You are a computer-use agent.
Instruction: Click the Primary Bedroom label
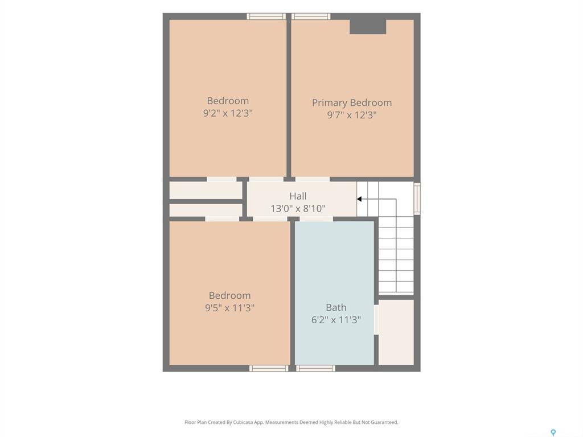[x=352, y=102]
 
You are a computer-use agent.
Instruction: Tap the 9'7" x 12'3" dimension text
[x=352, y=115]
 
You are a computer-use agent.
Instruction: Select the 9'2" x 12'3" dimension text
[x=228, y=113]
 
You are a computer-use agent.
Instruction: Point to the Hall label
[x=298, y=196]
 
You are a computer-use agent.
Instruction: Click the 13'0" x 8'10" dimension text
[x=298, y=208]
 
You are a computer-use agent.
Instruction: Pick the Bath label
[x=336, y=308]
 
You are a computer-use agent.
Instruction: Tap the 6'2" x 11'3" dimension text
[x=336, y=320]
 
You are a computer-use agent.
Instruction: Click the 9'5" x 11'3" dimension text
[x=230, y=308]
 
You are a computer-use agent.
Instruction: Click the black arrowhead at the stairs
[x=359, y=199]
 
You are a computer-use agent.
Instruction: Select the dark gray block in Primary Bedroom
[x=368, y=27]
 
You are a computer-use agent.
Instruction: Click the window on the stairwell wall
[x=417, y=199]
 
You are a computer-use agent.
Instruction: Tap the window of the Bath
[x=315, y=368]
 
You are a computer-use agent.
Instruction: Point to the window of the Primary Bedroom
[x=311, y=17]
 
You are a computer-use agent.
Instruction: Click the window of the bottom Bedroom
[x=269, y=368]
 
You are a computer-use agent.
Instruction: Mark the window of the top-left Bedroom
[x=266, y=17]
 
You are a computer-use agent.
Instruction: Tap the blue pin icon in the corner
[x=553, y=432]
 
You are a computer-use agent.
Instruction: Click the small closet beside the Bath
[x=396, y=332]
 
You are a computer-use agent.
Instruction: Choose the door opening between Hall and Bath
[x=316, y=219]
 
